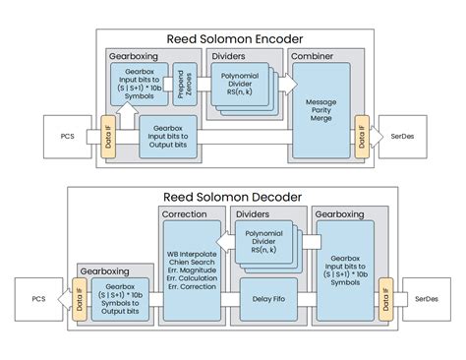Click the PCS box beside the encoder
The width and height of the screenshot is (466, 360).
point(66,136)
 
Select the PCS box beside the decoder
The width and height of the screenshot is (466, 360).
point(37,297)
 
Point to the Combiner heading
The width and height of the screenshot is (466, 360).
point(312,57)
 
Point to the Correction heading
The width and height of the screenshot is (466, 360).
point(185,213)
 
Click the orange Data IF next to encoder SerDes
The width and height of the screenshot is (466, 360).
point(363,136)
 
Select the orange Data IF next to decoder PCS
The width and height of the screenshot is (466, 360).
point(79,297)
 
